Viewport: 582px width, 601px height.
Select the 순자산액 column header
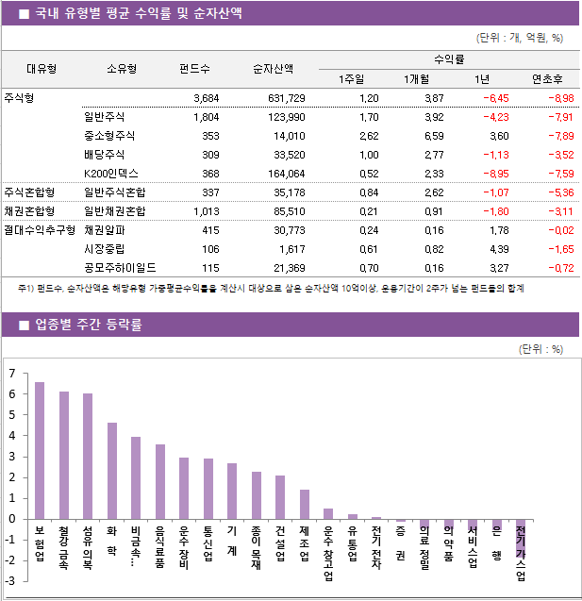click(273, 68)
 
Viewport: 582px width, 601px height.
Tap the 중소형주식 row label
click(109, 136)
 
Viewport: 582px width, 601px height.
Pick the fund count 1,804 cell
click(205, 117)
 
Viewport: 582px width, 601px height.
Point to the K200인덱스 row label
click(111, 174)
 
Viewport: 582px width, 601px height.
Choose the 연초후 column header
click(548, 78)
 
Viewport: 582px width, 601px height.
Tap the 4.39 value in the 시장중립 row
click(499, 248)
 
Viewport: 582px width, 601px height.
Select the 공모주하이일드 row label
click(120, 267)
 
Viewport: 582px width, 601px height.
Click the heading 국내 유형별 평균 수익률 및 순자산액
click(138, 13)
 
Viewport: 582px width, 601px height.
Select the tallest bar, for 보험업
click(40, 450)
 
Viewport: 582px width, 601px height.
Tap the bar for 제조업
click(304, 504)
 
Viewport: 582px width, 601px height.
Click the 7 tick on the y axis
click(11, 374)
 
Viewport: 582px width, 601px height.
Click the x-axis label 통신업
click(208, 545)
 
